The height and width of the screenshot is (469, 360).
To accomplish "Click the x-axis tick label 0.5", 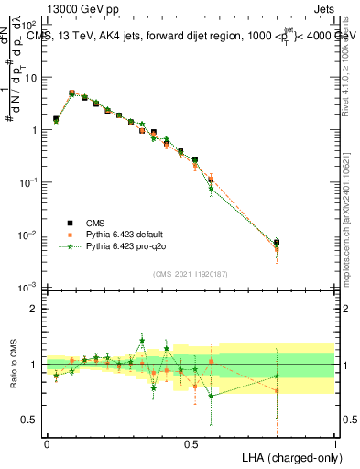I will pyautogui.click(x=191, y=443).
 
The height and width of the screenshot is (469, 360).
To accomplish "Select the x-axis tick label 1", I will pyautogui.click(x=334, y=443).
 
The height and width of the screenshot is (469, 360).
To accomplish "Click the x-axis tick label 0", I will pyautogui.click(x=47, y=443).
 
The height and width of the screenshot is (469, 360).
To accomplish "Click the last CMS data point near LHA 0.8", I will pyautogui.click(x=277, y=243).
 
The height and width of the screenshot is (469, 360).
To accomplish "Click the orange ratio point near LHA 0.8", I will pyautogui.click(x=277, y=391).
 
